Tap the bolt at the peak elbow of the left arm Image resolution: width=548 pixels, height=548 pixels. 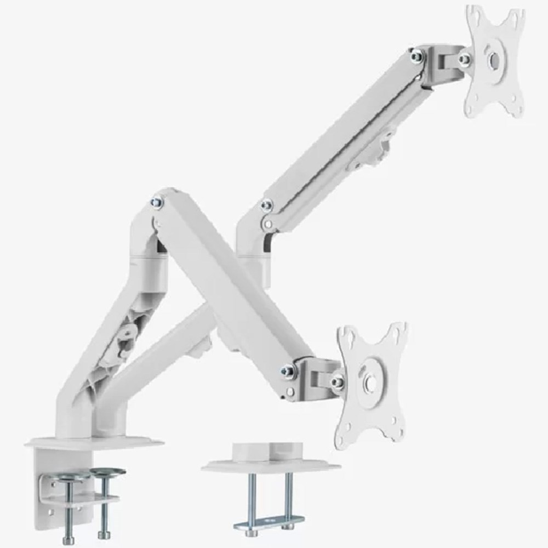click(x=157, y=202)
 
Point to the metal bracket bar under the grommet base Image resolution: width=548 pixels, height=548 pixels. click(x=270, y=522)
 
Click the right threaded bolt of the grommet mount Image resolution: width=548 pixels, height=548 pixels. click(x=288, y=499)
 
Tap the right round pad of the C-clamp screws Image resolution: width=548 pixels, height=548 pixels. click(x=107, y=471)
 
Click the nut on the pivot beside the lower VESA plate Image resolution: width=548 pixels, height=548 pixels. click(x=338, y=381)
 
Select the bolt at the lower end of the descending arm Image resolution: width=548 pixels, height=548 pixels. click(x=287, y=372)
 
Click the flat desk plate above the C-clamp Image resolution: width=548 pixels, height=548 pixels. click(x=93, y=443)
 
